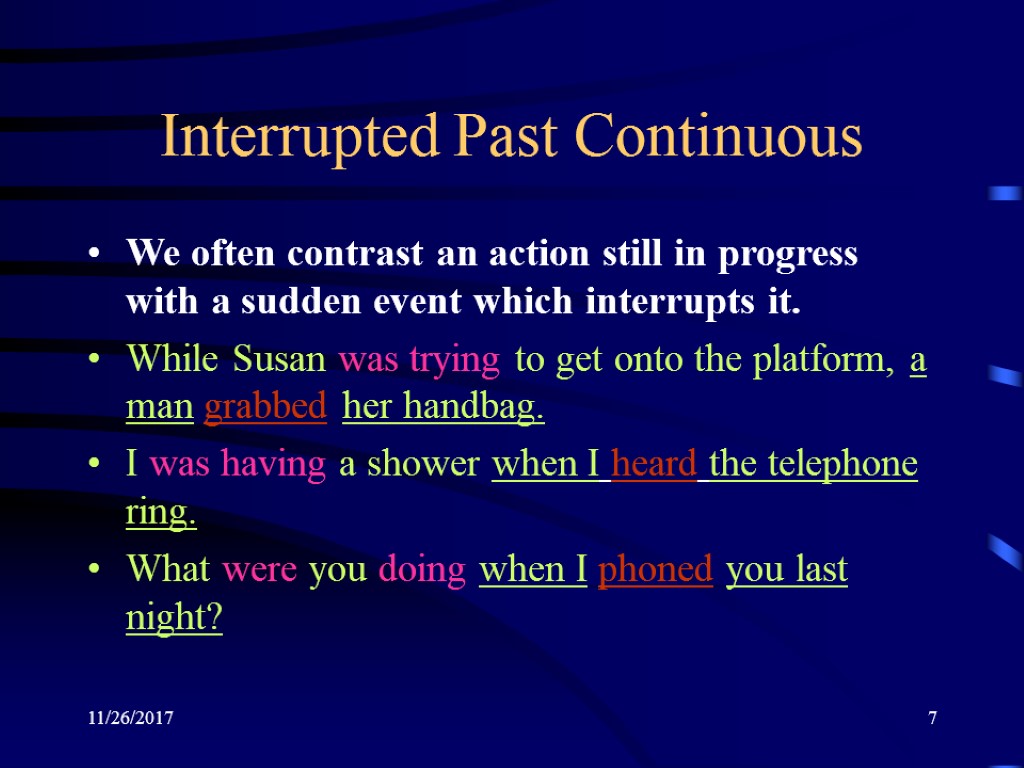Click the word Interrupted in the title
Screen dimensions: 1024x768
[x=299, y=138]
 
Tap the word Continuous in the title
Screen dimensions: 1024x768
[x=718, y=136]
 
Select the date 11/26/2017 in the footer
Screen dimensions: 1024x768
[x=131, y=718]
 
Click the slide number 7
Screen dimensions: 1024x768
[x=933, y=718]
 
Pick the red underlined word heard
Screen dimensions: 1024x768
[x=654, y=463]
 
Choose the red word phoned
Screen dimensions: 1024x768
[x=655, y=569]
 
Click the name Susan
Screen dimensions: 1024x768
[x=279, y=359]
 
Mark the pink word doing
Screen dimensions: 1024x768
[x=422, y=569]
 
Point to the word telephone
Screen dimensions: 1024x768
[x=842, y=465]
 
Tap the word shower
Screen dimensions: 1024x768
[x=423, y=464]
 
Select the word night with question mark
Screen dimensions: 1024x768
[x=174, y=617]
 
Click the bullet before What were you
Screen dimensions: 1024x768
[x=94, y=569]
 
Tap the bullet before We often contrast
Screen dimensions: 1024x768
[x=94, y=253]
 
